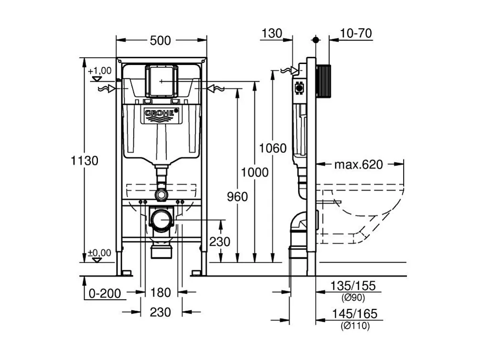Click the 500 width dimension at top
click(x=160, y=41)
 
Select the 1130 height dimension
click(x=85, y=161)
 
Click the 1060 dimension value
click(x=273, y=148)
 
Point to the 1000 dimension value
click(x=255, y=172)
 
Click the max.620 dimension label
click(x=358, y=165)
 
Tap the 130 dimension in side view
click(x=271, y=33)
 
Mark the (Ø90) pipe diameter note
click(x=354, y=298)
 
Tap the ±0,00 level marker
click(x=99, y=253)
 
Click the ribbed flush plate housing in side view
click(x=323, y=80)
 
